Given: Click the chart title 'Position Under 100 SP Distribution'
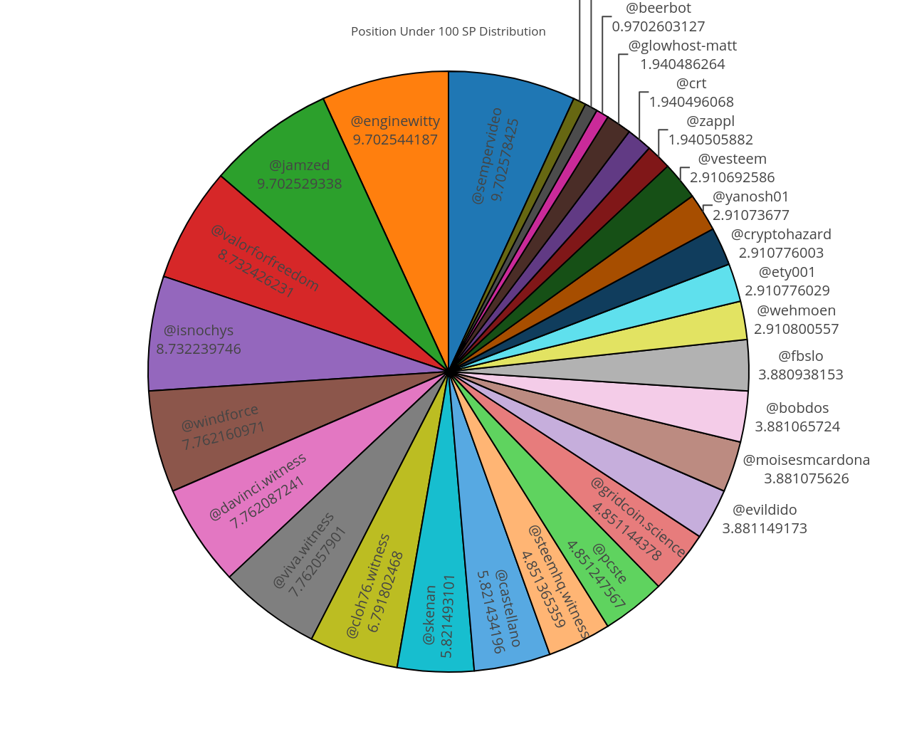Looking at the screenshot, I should click(x=448, y=31).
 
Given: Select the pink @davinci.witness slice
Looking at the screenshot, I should click(x=256, y=491).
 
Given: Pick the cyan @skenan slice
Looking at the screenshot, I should click(x=436, y=612).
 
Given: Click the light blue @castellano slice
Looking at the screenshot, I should click(x=498, y=605).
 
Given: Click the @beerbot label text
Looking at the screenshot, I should click(x=658, y=9).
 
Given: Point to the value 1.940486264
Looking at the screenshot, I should click(x=682, y=64).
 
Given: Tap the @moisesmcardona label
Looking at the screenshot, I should click(x=806, y=460).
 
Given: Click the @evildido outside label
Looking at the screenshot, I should click(x=765, y=510).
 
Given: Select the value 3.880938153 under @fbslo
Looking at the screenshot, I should click(x=800, y=374).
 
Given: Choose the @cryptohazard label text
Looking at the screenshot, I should click(x=781, y=234).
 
